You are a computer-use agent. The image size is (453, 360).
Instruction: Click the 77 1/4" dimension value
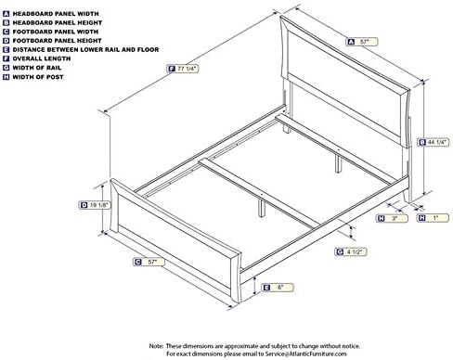click(188, 67)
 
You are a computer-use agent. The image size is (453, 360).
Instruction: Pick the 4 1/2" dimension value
click(356, 251)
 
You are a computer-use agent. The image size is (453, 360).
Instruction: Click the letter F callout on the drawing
click(168, 67)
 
